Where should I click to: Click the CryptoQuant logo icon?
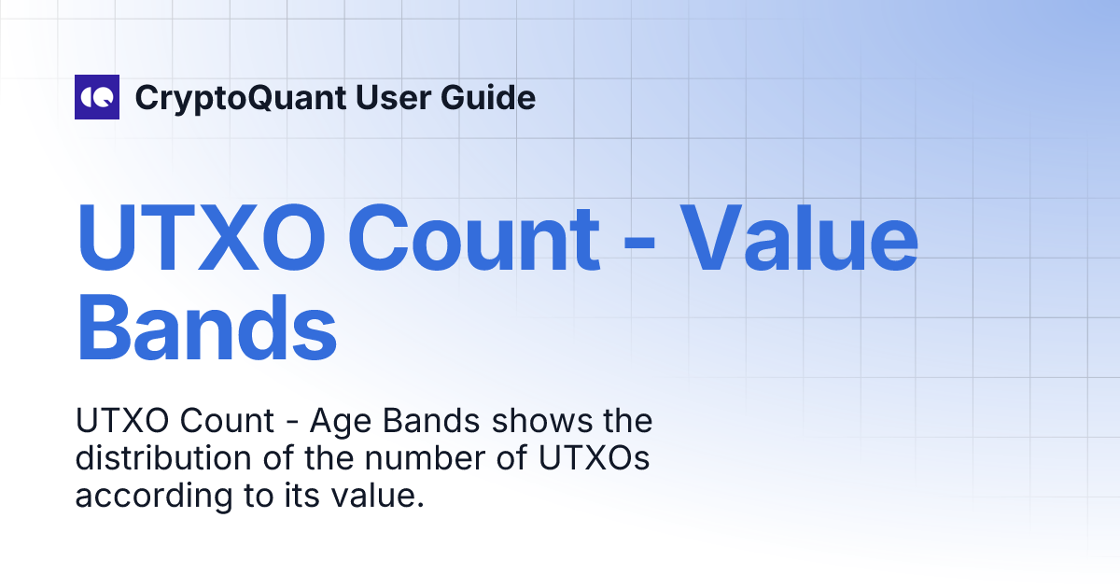point(97,97)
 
